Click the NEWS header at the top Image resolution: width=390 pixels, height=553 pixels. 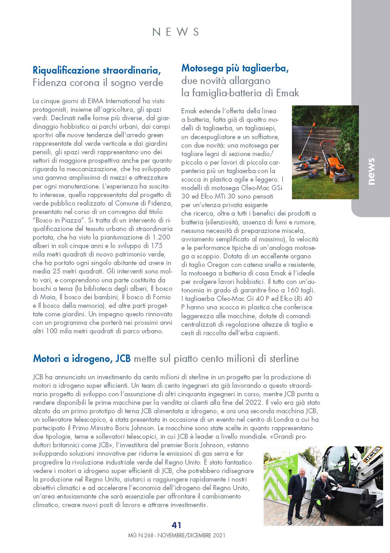click(x=176, y=32)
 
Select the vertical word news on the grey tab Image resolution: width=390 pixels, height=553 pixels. click(x=371, y=171)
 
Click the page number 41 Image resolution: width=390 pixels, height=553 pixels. click(x=176, y=525)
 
